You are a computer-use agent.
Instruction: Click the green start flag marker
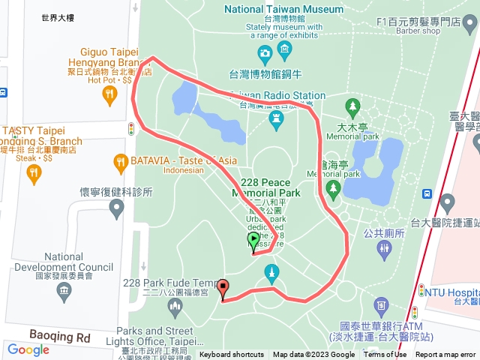click(253, 241)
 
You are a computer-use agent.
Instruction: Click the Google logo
click(28, 349)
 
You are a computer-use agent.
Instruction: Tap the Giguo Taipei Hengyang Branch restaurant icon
click(110, 94)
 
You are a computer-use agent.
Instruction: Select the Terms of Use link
click(385, 355)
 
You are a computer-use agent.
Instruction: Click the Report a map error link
click(445, 355)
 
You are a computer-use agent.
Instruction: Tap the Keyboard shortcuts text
click(232, 355)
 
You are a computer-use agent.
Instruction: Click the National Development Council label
click(64, 262)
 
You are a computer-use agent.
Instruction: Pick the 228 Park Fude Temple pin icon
click(175, 305)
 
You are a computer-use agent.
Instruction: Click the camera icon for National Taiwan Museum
click(264, 53)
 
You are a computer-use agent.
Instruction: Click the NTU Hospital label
click(453, 291)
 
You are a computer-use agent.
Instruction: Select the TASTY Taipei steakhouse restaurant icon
click(33, 175)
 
